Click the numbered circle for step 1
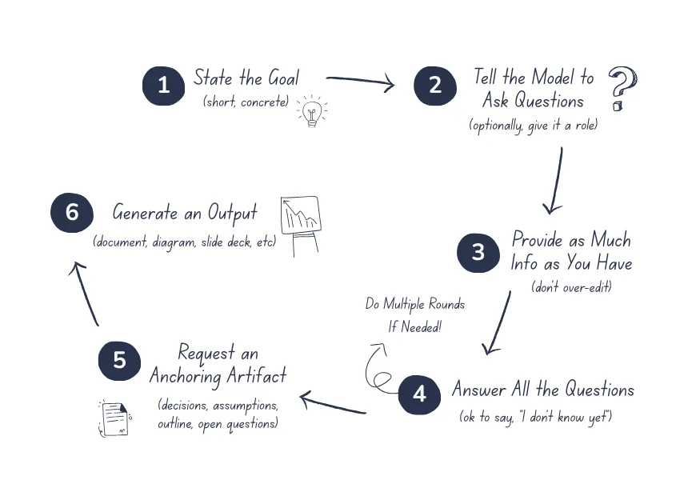(x=163, y=85)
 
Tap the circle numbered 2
(x=434, y=85)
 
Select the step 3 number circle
(x=478, y=253)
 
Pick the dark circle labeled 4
(x=419, y=394)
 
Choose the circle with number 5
(x=119, y=360)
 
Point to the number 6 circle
(x=72, y=212)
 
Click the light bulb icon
(x=312, y=112)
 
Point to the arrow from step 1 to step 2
(x=360, y=82)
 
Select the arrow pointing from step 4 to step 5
(x=332, y=403)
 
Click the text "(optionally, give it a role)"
(x=533, y=126)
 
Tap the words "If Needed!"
(x=415, y=326)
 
